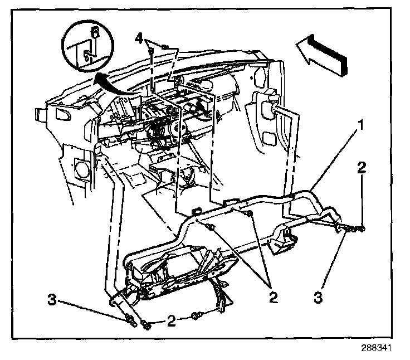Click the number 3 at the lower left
point(52,300)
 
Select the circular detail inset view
point(88,48)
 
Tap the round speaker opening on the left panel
point(81,167)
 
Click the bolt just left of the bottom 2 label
point(147,324)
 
